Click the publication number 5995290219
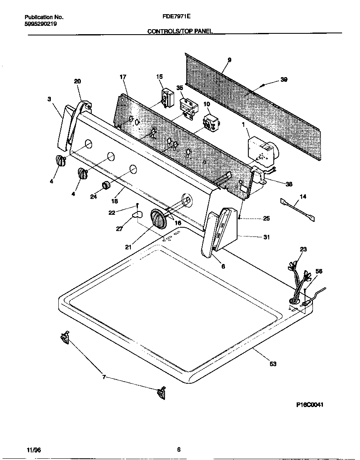click(41, 24)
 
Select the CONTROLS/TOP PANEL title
click(180, 31)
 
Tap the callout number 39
click(284, 80)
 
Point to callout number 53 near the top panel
click(273, 364)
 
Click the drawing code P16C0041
click(310, 405)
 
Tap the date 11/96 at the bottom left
click(32, 450)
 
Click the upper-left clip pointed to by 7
click(65, 337)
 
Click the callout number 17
click(122, 77)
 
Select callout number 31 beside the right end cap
click(266, 237)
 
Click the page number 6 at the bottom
click(179, 450)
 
